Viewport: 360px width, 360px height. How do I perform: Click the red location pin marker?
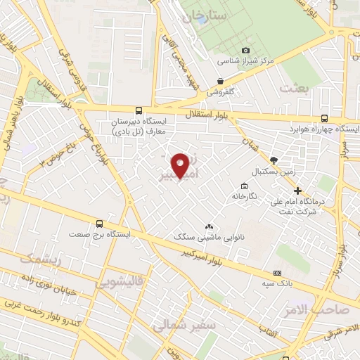click(x=181, y=165)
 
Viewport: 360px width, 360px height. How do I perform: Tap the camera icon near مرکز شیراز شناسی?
click(x=245, y=50)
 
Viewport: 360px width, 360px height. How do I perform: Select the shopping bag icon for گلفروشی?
click(x=221, y=81)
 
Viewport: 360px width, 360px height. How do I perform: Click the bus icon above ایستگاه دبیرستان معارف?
click(x=138, y=110)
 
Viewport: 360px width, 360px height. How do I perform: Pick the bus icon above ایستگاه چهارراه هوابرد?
click(x=323, y=118)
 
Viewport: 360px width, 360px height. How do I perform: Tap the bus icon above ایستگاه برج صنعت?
click(x=98, y=221)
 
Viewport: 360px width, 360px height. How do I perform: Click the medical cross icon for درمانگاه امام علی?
click(x=297, y=190)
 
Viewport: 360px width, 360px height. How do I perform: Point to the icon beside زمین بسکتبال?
click(x=274, y=160)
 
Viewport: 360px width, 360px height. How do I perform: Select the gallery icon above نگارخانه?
click(x=243, y=185)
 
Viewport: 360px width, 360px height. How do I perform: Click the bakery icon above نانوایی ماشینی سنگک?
click(x=208, y=226)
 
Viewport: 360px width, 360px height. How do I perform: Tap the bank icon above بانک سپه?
click(x=277, y=273)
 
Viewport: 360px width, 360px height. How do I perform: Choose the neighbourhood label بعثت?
click(x=293, y=87)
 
